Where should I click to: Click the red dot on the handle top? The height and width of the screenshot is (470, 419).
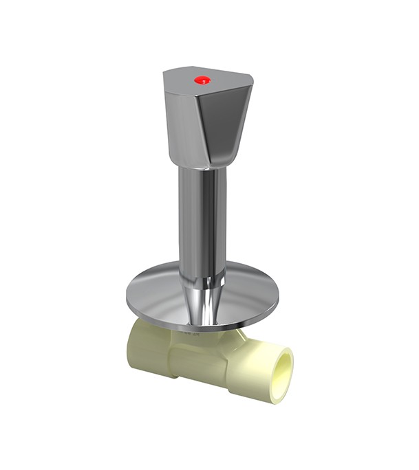[202, 80]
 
